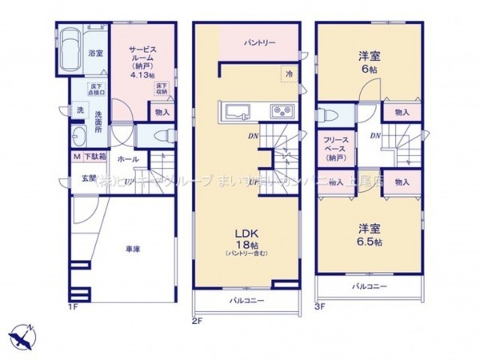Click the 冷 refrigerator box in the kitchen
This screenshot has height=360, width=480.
tap(287, 74)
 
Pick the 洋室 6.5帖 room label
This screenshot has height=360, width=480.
tap(370, 237)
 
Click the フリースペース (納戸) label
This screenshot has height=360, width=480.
tap(334, 149)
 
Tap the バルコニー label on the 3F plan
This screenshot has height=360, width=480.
tap(369, 285)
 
